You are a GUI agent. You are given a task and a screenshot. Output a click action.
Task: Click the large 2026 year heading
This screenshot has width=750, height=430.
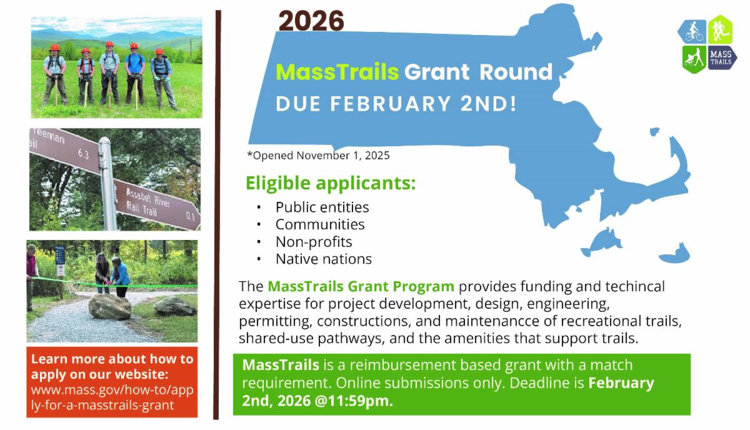pos(311,21)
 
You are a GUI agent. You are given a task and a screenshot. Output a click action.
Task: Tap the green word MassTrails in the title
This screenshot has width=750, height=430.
pos(337,72)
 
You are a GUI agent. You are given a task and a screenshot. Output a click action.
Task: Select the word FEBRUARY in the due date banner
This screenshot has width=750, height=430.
pos(391,104)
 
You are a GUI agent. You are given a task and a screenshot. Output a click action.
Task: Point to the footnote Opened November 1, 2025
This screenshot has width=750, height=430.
pos(318,156)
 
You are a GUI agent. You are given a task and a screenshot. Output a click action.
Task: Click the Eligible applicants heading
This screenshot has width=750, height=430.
pos(331,184)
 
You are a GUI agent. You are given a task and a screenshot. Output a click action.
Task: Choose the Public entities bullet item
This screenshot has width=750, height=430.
pos(322,207)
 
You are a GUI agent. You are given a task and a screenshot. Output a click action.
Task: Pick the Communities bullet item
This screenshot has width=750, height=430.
pos(320,224)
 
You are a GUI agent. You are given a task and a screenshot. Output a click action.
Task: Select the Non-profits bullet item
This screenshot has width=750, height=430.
pos(314,242)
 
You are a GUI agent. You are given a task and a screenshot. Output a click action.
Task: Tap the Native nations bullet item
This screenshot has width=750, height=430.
pos(324,259)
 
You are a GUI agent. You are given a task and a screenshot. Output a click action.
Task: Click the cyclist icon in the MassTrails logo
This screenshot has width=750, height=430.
pos(693,31)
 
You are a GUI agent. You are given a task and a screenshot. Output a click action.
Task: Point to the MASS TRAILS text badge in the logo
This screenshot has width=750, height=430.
pos(722,57)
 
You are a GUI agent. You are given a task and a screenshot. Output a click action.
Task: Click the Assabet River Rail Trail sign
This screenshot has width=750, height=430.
pos(157,204)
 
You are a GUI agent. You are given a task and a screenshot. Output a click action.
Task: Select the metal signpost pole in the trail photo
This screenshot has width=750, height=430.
pos(107,184)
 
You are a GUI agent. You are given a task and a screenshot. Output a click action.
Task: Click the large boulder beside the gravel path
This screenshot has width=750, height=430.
pos(109,306)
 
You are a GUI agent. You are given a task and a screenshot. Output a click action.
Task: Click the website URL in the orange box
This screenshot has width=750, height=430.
pos(112,397)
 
